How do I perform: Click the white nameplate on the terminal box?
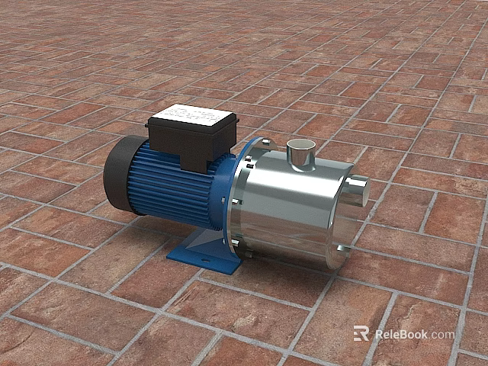pos(192,118)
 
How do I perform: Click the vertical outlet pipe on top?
pos(300,156)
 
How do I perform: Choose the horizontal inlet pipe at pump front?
pos(357,190)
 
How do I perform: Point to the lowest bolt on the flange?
pos(234,243)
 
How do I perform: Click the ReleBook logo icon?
pos(361,333)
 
